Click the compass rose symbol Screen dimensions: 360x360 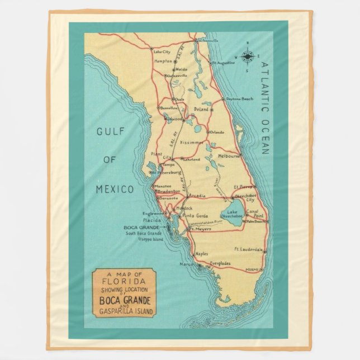pyautogui.click(x=248, y=56)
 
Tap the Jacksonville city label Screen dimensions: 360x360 pyautogui.click(x=205, y=41)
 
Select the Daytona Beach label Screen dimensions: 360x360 pyautogui.click(x=240, y=98)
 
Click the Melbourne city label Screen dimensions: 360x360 pyautogui.click(x=229, y=156)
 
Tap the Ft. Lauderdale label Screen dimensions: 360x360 pyautogui.click(x=248, y=249)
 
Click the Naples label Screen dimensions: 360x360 pyautogui.click(x=201, y=254)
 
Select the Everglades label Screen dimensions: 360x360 pyautogui.click(x=220, y=263)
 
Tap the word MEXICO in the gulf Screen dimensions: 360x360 pyautogui.click(x=115, y=189)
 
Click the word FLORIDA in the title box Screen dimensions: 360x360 pyautogui.click(x=124, y=282)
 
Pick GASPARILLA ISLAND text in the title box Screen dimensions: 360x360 pyautogui.click(x=124, y=311)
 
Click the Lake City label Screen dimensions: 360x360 pyautogui.click(x=162, y=52)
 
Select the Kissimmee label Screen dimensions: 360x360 pyautogui.click(x=192, y=143)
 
